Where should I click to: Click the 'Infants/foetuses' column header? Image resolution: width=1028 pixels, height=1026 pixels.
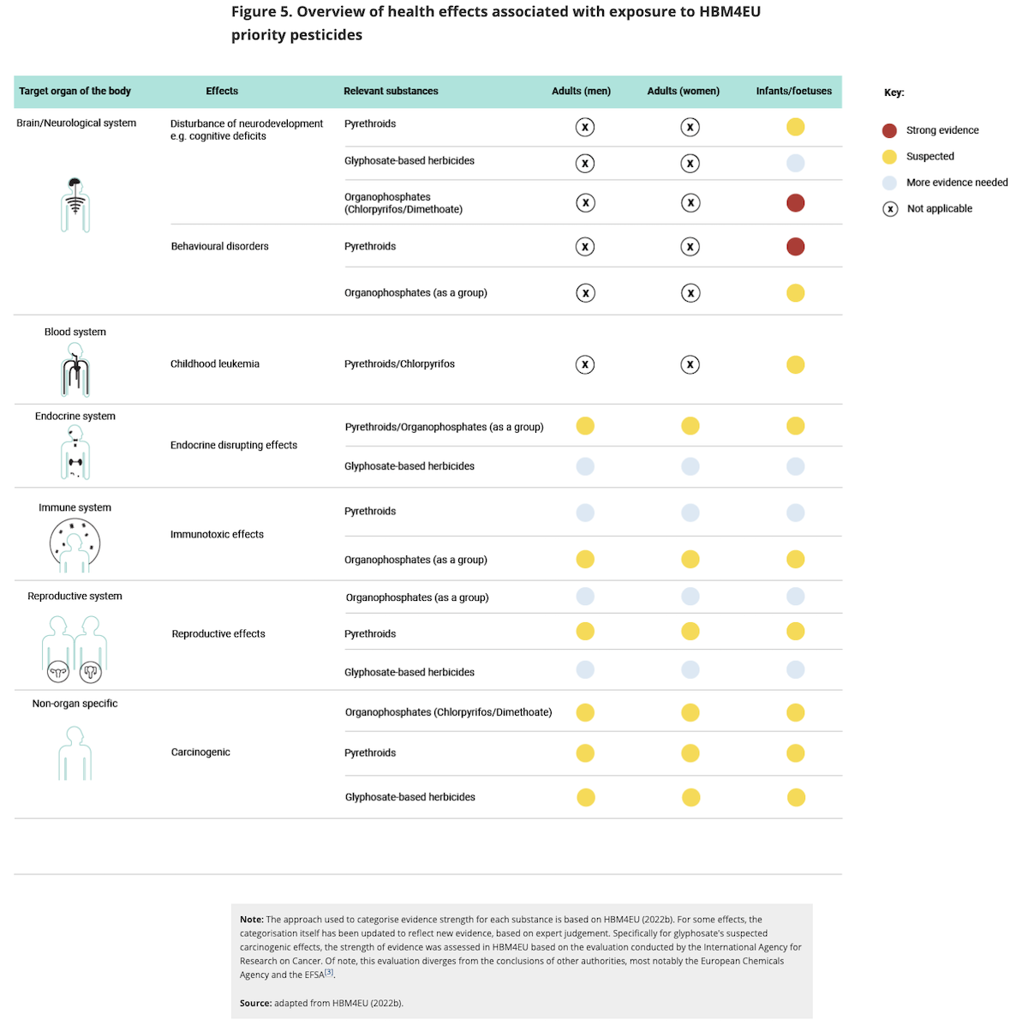click(793, 91)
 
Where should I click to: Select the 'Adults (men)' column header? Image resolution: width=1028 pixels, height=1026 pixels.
click(581, 91)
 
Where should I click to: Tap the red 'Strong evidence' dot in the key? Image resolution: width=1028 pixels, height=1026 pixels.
click(889, 130)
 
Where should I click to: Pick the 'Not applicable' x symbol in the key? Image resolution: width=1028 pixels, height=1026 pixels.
click(890, 209)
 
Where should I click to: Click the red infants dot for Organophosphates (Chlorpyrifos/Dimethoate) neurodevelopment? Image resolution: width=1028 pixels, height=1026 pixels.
click(795, 203)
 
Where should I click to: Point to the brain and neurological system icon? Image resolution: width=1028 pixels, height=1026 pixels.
click(75, 205)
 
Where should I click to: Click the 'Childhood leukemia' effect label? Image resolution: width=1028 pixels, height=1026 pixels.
click(214, 364)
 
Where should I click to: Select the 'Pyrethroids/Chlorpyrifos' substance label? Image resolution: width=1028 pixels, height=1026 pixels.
click(399, 364)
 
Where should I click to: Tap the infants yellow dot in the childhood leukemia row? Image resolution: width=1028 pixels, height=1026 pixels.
click(795, 364)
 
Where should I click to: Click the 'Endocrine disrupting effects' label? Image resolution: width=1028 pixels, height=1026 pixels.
click(233, 446)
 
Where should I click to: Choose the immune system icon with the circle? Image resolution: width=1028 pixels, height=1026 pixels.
click(75, 545)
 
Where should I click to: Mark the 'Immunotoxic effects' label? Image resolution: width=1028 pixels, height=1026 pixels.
click(217, 535)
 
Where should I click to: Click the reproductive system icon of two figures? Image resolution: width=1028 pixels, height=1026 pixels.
click(75, 649)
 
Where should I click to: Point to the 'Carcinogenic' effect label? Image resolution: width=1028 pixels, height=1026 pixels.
click(200, 753)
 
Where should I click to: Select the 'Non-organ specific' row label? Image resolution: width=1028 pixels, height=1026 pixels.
click(75, 704)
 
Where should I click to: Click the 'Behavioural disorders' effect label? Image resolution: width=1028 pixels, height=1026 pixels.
click(219, 247)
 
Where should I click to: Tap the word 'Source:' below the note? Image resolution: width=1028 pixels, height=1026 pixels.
click(255, 1003)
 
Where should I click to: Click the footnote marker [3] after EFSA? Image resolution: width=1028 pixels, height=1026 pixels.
click(329, 973)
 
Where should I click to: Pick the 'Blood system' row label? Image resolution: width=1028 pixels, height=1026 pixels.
click(75, 333)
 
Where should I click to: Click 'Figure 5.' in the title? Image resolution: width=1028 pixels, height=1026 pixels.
click(261, 12)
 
